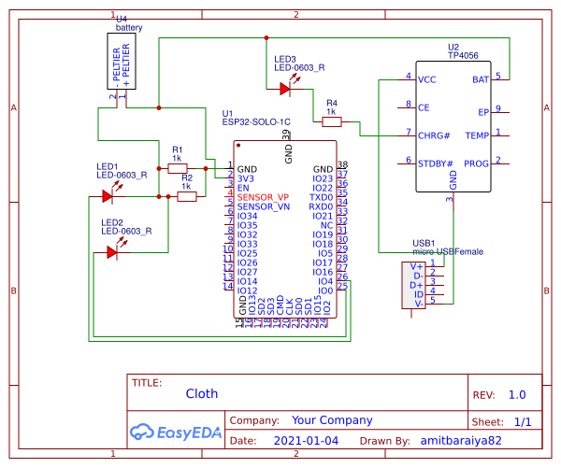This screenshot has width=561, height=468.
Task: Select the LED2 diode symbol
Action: [113, 250]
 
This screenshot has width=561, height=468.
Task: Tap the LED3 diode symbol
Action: [285, 89]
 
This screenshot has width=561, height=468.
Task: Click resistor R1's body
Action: [177, 168]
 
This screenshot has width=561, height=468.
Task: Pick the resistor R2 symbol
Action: [186, 196]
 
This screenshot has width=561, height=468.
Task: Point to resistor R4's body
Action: [331, 121]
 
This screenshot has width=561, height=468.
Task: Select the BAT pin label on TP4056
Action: [480, 79]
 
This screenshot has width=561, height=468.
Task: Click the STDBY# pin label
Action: [435, 163]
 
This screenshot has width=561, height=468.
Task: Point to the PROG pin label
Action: [477, 163]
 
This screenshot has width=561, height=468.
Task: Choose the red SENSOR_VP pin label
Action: [264, 197]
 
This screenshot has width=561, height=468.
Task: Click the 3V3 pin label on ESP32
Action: [246, 178]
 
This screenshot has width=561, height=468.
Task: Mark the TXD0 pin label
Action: [321, 197]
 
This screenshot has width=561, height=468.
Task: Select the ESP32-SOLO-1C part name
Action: [256, 121]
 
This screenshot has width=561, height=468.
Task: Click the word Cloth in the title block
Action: [201, 394]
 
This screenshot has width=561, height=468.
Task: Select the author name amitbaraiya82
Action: [462, 439]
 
